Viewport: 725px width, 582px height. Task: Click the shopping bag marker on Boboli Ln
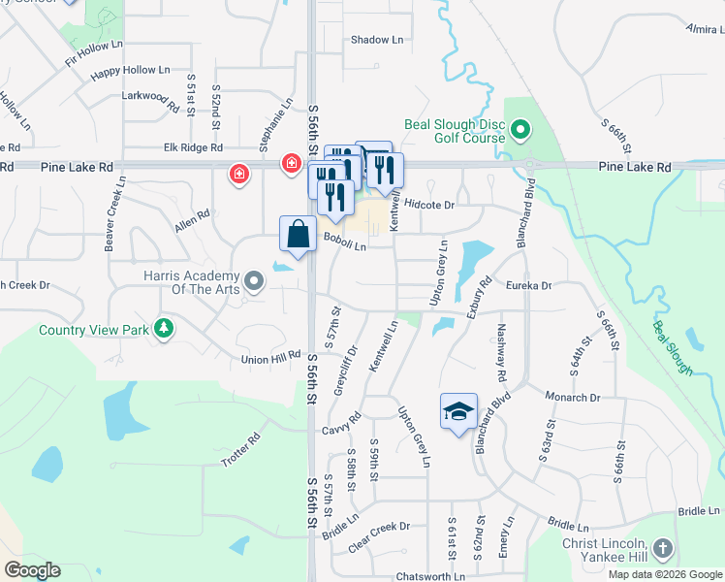tap(298, 235)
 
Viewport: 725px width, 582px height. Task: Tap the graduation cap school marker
tap(458, 411)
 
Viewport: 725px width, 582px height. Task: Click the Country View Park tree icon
tap(165, 329)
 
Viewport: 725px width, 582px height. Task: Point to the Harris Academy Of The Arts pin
tap(254, 282)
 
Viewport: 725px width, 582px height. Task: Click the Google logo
tap(31, 569)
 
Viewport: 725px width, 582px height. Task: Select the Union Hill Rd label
tap(270, 359)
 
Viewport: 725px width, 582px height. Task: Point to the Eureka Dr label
tap(528, 286)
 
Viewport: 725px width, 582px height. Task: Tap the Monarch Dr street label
tap(573, 398)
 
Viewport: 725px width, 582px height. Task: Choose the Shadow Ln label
tap(376, 40)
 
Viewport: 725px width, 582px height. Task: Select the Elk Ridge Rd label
tap(193, 147)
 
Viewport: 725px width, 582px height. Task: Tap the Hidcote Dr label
tap(429, 205)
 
